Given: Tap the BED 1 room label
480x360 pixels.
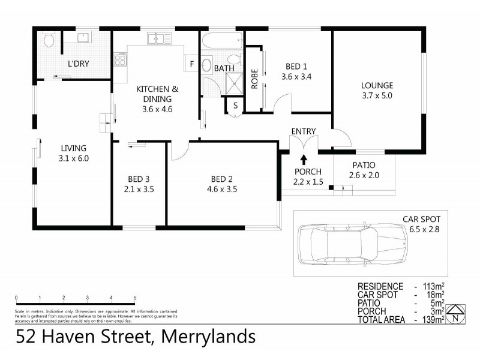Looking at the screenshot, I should point(296,66).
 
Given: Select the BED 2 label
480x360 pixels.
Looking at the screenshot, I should point(222,178).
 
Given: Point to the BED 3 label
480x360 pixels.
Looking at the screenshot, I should point(139,178).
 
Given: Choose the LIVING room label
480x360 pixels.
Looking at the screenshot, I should point(73,148).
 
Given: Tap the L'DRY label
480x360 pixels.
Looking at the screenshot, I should point(77,63).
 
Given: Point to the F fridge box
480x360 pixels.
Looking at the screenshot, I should point(192,64).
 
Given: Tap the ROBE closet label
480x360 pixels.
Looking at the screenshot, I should point(254,79).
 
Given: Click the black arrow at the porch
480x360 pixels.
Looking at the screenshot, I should point(304,158).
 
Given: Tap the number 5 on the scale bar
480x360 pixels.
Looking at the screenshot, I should point(135,298).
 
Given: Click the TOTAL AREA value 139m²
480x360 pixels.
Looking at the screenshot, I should point(433,320).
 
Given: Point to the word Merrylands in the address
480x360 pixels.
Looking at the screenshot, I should point(208,336).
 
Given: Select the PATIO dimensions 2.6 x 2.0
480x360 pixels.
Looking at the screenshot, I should point(364,175).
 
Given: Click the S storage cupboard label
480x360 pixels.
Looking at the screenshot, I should point(235,106).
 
